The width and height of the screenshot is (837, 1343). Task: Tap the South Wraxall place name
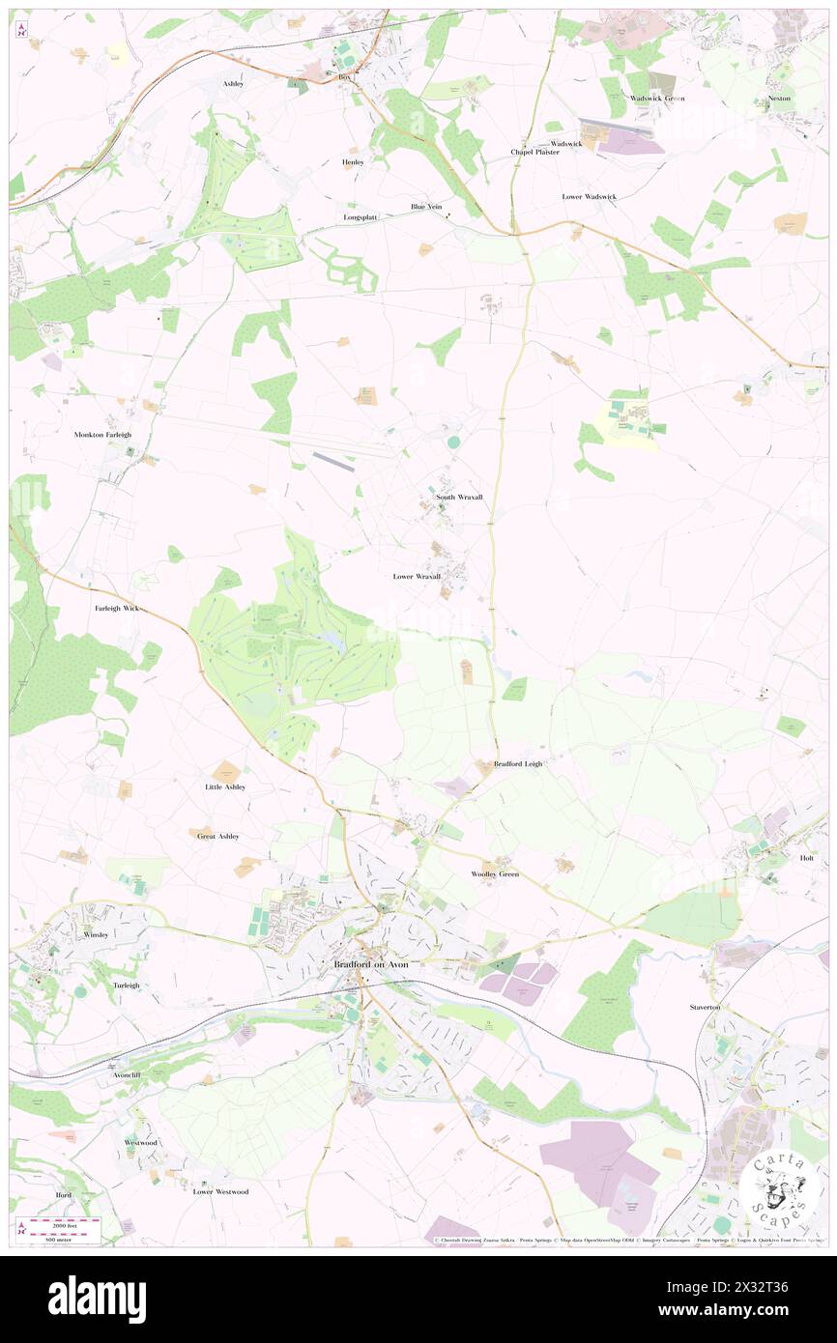[458, 497]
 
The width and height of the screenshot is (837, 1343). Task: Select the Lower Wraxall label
[417, 576]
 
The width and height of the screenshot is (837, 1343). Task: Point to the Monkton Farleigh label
[102, 435]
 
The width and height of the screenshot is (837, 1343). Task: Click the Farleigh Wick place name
[117, 609]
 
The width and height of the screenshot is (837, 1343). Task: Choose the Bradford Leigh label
[518, 763]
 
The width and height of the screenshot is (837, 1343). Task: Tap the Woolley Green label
[495, 874]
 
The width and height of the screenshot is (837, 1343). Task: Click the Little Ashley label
[225, 787]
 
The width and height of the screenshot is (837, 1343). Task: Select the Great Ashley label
[217, 836]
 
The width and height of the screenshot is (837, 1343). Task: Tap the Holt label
[807, 858]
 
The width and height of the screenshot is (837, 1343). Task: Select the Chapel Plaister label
[535, 152]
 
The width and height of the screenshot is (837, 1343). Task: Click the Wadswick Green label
[657, 99]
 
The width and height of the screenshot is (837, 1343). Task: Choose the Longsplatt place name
[361, 217]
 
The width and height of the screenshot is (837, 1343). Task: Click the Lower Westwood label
[220, 1191]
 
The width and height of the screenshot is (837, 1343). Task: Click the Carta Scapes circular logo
[782, 1190]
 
